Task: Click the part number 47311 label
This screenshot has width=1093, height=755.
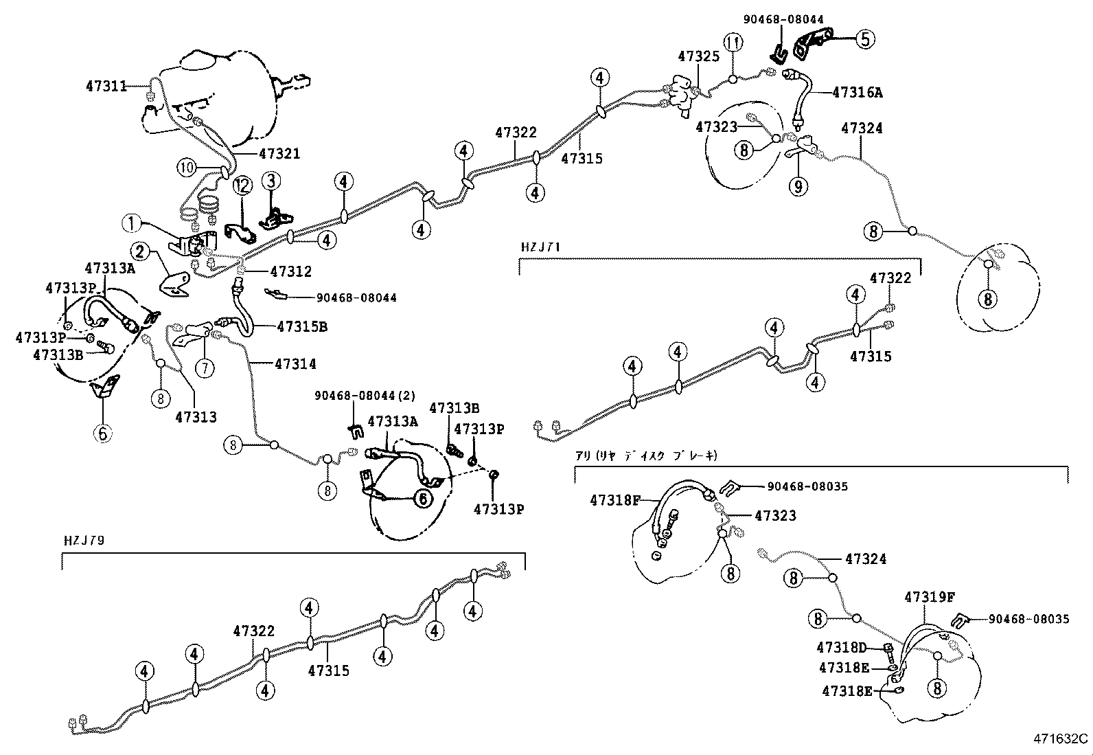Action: click(x=106, y=87)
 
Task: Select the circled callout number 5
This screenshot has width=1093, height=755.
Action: click(x=864, y=39)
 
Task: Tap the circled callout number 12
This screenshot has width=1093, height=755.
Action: click(x=242, y=184)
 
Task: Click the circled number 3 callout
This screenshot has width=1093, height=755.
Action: click(x=271, y=181)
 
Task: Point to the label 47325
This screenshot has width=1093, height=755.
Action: click(x=698, y=56)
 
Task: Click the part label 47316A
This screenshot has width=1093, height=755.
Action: click(x=857, y=92)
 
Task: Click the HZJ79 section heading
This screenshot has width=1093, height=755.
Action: click(x=83, y=540)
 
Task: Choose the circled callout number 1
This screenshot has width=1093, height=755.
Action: click(x=132, y=223)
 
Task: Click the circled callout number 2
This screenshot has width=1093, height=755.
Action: click(x=140, y=251)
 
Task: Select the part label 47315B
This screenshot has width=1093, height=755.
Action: click(x=301, y=327)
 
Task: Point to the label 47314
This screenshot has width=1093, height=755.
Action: click(x=295, y=364)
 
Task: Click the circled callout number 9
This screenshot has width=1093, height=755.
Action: click(x=797, y=185)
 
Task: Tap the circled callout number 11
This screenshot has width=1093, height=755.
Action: click(x=733, y=43)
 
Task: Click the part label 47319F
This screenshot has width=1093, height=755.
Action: click(x=930, y=597)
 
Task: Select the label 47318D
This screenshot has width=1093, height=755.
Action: click(x=842, y=647)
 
